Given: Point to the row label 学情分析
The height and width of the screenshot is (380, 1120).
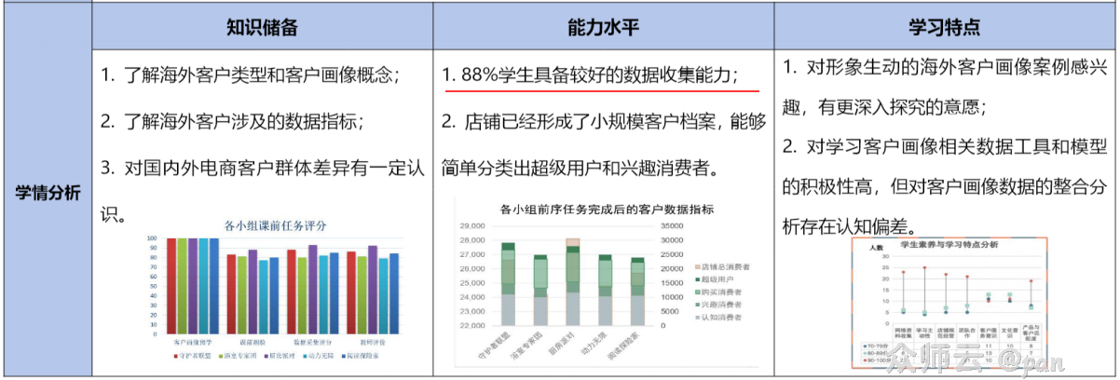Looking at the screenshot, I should (x=48, y=194).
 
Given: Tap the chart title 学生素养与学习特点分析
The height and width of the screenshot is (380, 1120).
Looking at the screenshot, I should (x=947, y=244).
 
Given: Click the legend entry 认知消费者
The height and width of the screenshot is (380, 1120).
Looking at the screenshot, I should (x=722, y=318).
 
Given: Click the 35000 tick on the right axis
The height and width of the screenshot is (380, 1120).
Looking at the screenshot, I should (x=673, y=225).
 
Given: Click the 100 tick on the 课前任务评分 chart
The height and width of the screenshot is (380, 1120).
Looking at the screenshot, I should (x=152, y=239).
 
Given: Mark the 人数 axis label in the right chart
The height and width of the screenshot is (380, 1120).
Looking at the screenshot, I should (x=875, y=249).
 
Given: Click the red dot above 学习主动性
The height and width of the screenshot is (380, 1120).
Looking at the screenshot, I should (x=924, y=268).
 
